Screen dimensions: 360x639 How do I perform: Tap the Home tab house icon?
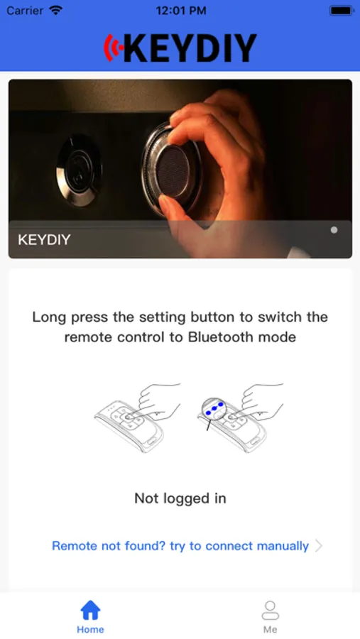click(x=90, y=610)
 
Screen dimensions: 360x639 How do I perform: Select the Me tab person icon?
click(x=270, y=610)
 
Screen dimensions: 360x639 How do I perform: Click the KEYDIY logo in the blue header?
click(x=180, y=48)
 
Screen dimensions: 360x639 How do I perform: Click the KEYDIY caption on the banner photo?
click(x=44, y=240)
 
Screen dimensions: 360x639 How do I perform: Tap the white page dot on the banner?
click(x=334, y=230)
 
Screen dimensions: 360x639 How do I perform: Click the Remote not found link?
click(x=180, y=546)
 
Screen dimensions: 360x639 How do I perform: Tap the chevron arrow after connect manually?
click(x=318, y=546)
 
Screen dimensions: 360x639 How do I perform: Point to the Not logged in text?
click(x=180, y=498)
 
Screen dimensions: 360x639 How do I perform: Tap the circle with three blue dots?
click(x=214, y=409)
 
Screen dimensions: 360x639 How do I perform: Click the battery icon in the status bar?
click(x=342, y=11)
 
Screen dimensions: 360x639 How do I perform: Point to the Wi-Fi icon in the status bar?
click(x=55, y=10)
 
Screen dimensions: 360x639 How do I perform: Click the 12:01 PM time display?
click(x=181, y=11)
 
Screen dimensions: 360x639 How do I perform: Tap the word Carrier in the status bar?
click(x=24, y=11)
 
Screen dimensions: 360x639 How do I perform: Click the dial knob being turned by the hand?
click(x=171, y=169)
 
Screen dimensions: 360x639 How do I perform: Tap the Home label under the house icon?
click(x=90, y=629)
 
